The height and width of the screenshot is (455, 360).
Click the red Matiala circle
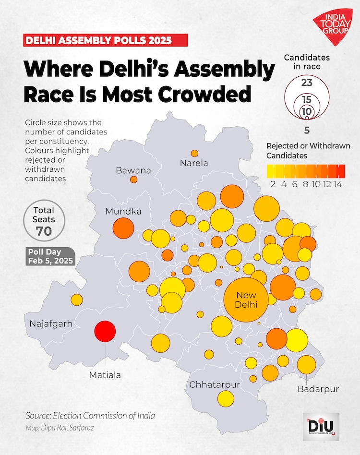click(105, 331)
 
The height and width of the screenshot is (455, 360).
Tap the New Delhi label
click(247, 300)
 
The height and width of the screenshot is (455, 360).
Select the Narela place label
click(194, 163)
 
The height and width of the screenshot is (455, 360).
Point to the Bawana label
click(133, 170)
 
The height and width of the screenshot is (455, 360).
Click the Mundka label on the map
click(123, 211)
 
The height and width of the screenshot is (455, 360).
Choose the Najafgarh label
click(51, 323)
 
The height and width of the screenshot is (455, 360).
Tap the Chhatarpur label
click(215, 384)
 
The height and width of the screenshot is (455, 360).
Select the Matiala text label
click(105, 375)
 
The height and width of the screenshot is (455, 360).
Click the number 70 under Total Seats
click(44, 231)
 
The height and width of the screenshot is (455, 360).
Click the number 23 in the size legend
click(307, 82)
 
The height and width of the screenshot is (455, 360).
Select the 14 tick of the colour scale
click(337, 185)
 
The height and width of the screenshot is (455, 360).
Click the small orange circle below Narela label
click(194, 154)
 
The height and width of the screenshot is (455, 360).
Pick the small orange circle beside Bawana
click(133, 180)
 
